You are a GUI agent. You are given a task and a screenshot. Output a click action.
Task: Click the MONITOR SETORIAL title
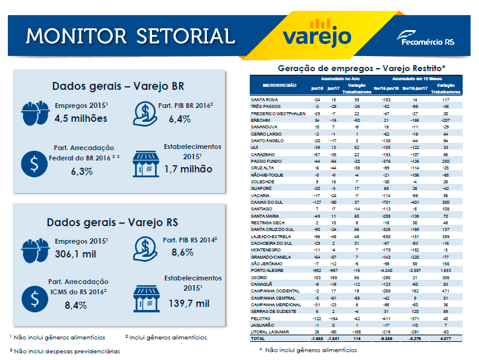[130, 35]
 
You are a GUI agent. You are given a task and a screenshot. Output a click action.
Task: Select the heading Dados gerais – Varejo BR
[118, 86]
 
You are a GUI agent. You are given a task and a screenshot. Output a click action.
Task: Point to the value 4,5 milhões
[81, 118]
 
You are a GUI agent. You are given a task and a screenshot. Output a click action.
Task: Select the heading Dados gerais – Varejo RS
[118, 221]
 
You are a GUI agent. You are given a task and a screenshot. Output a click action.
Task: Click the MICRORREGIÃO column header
[274, 85]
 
